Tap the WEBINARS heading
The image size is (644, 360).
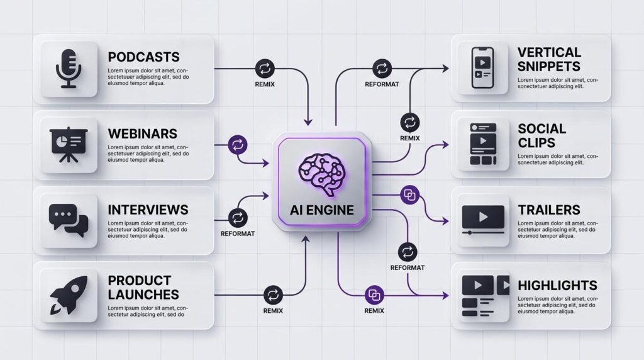click(142, 133)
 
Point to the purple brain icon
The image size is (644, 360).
click(322, 169)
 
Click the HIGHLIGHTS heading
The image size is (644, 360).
click(557, 285)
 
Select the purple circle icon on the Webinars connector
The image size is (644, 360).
click(237, 145)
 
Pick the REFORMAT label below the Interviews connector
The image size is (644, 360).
click(237, 233)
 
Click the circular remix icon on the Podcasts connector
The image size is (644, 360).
click(264, 68)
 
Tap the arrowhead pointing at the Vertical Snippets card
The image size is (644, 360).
click(446, 68)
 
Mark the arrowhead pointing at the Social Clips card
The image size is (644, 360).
click(446, 145)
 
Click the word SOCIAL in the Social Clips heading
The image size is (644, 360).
click(541, 128)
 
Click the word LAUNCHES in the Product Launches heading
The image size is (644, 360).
click(143, 294)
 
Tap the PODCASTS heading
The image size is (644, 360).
click(143, 57)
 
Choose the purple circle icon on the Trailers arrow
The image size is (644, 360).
click(409, 194)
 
